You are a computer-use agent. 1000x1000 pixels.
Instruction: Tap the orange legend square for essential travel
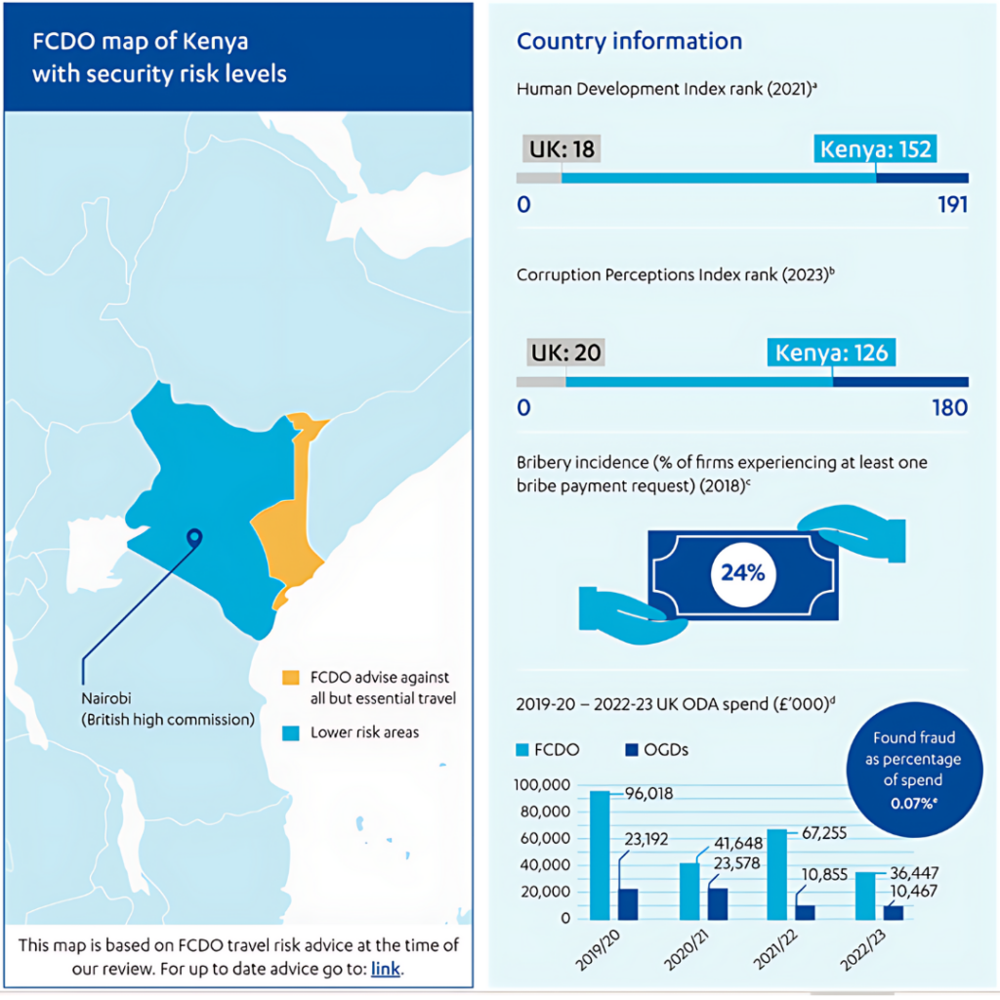point(289,677)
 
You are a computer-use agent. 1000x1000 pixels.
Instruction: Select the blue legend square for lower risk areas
point(289,731)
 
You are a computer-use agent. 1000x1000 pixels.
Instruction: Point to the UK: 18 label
point(562,149)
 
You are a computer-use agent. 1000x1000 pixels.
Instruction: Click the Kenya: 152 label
point(876,149)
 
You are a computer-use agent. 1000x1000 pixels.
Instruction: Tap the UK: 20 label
point(564,353)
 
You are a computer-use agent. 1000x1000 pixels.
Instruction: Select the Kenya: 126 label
point(832,353)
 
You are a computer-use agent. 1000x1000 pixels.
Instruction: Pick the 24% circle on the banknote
point(742,572)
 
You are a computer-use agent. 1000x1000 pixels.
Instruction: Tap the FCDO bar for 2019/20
point(600,854)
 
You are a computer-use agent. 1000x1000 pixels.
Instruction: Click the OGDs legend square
point(632,749)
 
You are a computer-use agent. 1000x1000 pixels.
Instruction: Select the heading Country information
point(629,41)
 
